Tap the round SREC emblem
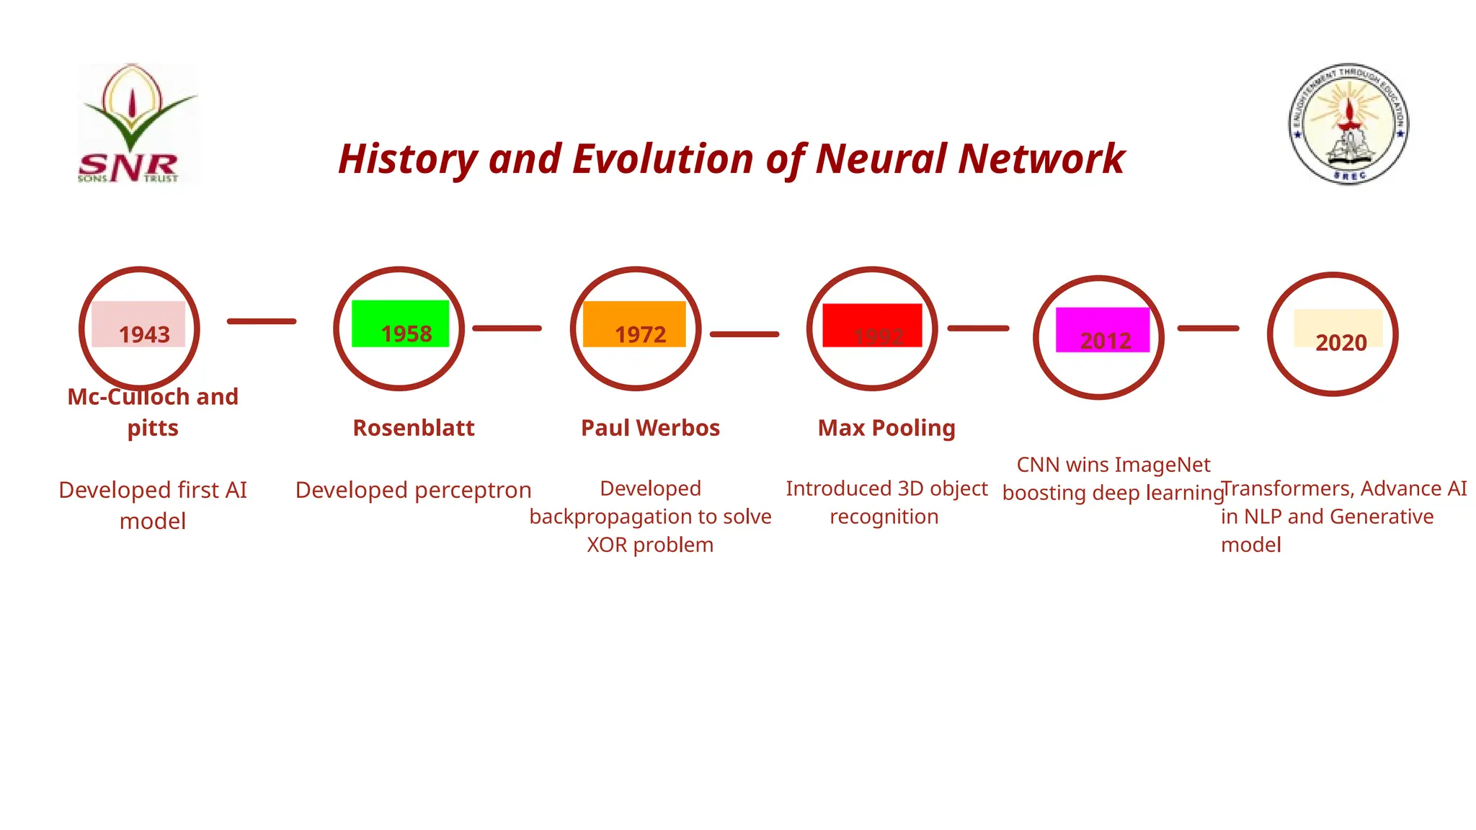point(1348,123)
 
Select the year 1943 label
point(144,334)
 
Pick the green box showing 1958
point(401,324)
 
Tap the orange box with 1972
point(634,324)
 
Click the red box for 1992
point(872,326)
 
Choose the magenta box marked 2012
point(1103,330)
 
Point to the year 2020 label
point(1341,342)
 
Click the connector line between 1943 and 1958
point(262,321)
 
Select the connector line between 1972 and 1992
point(744,334)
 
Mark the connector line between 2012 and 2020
point(1208,329)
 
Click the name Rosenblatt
point(414,428)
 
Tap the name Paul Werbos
point(650,428)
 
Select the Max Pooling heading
point(886,428)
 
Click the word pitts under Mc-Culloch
point(153,428)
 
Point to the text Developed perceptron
point(413,490)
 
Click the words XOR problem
point(650,545)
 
